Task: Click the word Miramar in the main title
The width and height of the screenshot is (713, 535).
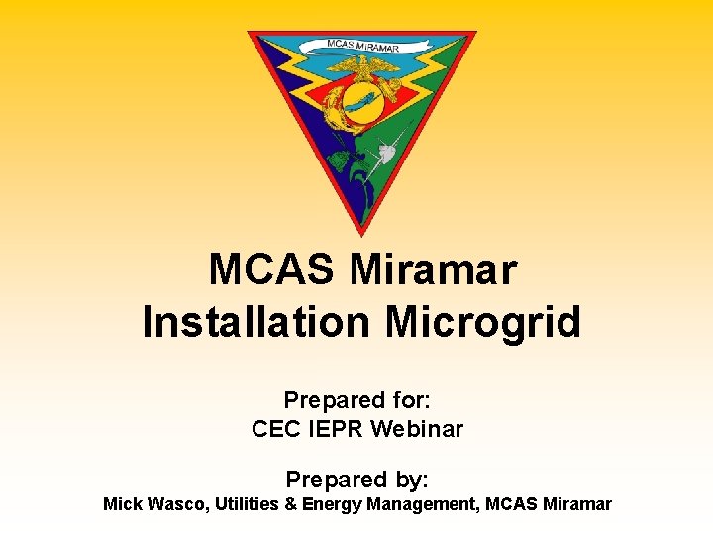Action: point(434,269)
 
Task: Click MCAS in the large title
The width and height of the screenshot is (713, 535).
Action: point(273,269)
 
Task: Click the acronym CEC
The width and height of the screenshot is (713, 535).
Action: point(275,429)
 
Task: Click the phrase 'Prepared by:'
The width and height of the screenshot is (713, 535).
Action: point(356,480)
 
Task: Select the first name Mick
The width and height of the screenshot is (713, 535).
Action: point(123,504)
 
